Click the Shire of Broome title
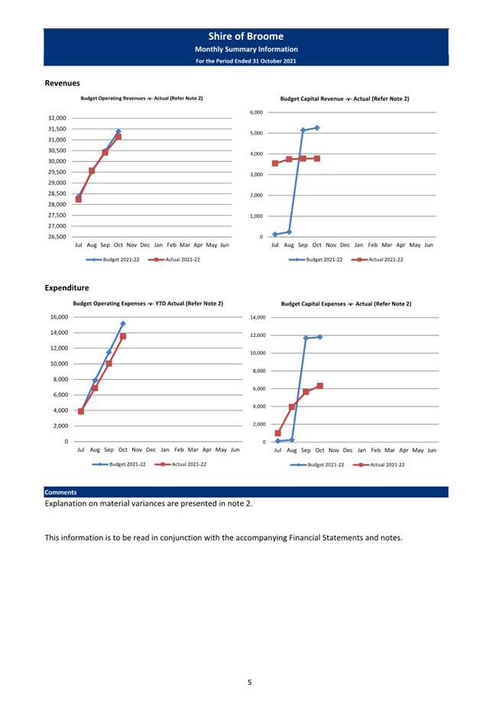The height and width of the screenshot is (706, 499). [246, 37]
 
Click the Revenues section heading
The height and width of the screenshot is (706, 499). [62, 83]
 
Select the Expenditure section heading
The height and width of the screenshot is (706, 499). [66, 288]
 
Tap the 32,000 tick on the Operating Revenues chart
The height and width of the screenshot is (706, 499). [57, 118]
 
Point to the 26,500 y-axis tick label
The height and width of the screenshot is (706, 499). [57, 237]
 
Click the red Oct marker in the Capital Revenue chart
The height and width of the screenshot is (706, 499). [317, 158]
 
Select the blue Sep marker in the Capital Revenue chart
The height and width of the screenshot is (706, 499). [303, 131]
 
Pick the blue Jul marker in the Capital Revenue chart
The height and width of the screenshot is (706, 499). [275, 235]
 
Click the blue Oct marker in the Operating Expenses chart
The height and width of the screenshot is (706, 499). [123, 324]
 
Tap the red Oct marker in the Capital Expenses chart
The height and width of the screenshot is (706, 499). [319, 386]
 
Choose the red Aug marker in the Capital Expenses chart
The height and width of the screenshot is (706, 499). [292, 406]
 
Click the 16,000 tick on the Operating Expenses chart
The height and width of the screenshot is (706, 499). [60, 317]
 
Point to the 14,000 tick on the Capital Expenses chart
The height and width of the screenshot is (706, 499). [258, 317]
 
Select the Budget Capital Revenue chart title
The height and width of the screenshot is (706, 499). [345, 99]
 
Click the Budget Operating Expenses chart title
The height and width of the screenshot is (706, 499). [147, 303]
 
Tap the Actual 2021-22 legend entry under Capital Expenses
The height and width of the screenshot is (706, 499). [379, 465]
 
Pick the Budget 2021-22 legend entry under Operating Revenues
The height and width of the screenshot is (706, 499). [112, 259]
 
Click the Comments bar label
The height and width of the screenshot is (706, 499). [60, 492]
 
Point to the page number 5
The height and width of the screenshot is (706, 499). [249, 682]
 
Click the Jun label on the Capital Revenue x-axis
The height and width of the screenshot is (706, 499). [429, 245]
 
